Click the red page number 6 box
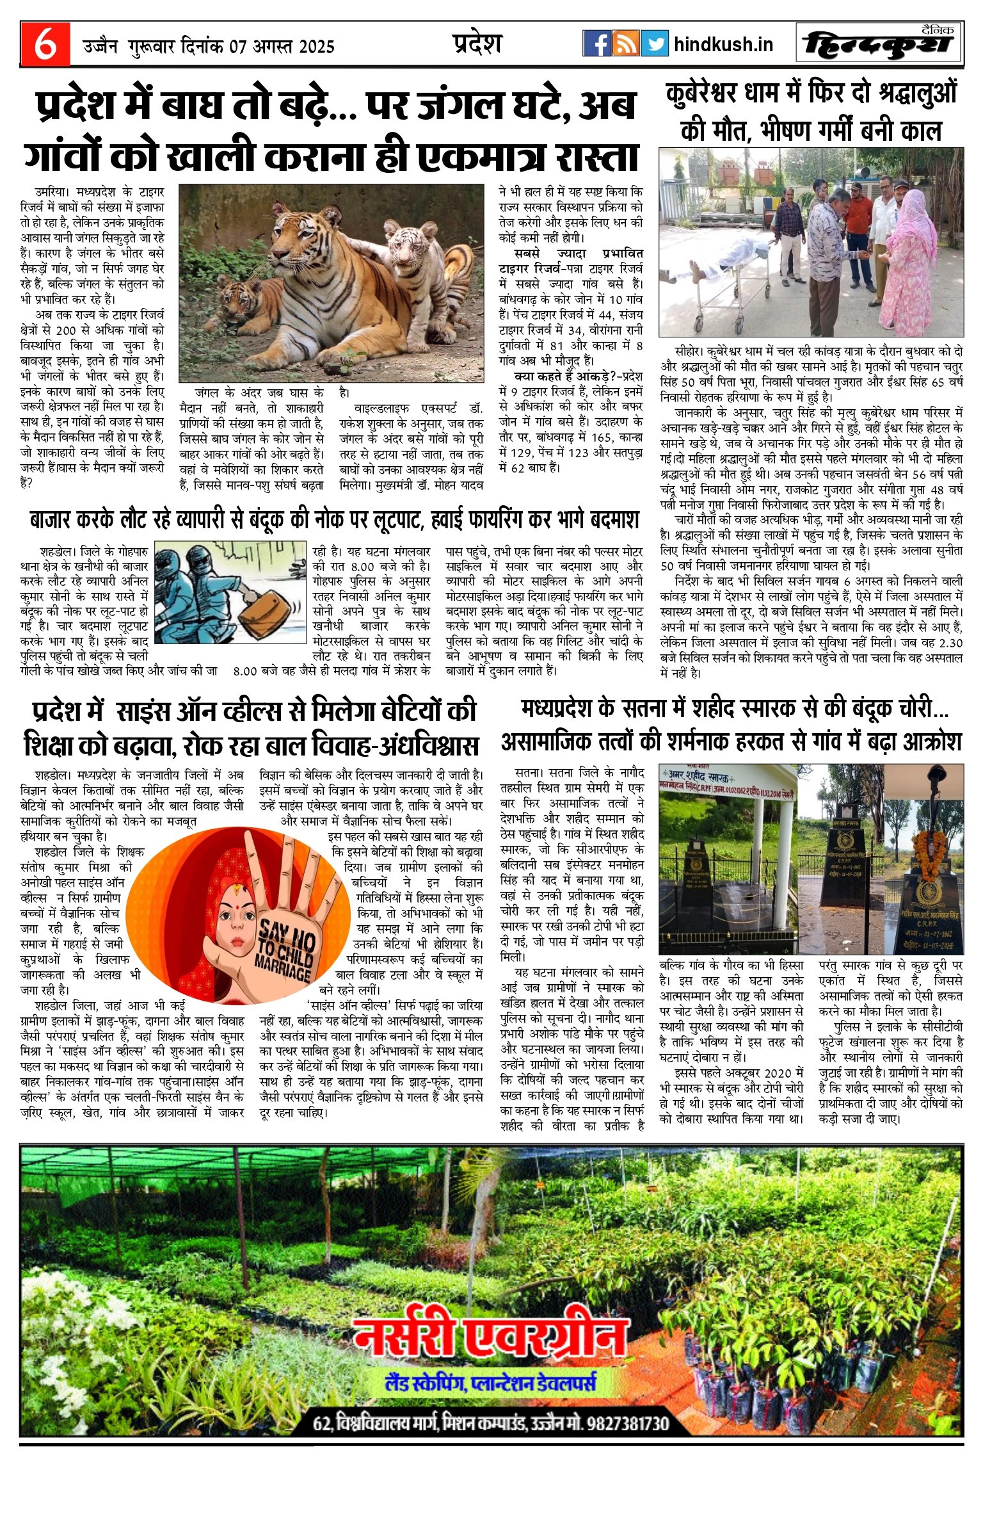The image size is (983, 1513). click(44, 44)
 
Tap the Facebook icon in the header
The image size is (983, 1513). click(596, 44)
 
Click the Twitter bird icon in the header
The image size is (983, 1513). click(654, 44)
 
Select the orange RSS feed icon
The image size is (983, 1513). click(625, 44)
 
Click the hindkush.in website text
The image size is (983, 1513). click(723, 44)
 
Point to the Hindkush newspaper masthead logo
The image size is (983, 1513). click(878, 44)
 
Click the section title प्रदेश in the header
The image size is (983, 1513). click(477, 44)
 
